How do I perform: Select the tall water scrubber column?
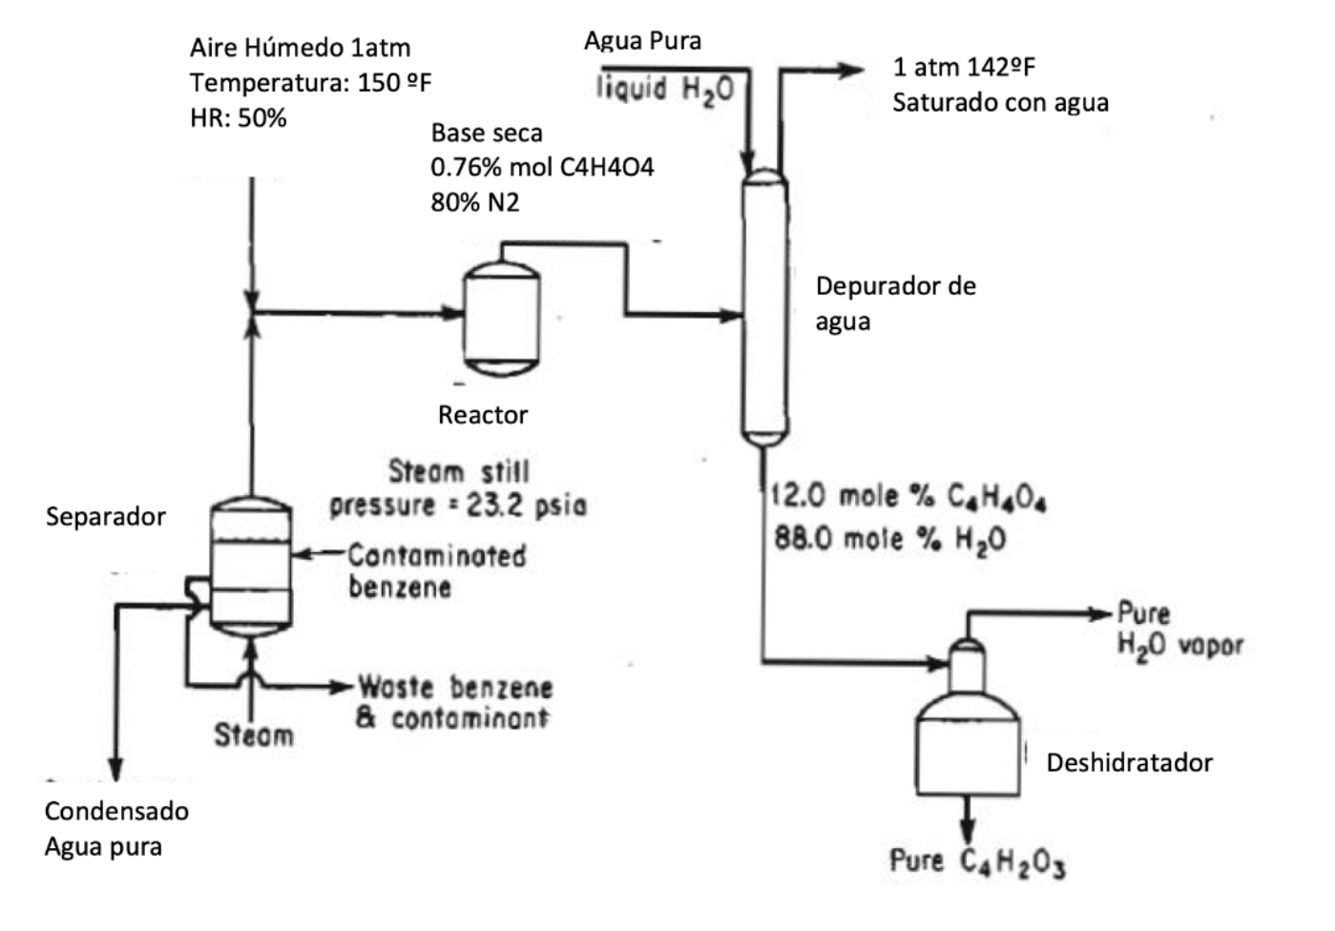coord(764,305)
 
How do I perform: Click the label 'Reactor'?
coord(482,415)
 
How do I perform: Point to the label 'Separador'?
coord(105,517)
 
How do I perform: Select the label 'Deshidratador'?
coord(1129,763)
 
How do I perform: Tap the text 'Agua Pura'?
coord(642,40)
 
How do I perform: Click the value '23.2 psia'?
coord(526,505)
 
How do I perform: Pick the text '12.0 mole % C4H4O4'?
coord(907,497)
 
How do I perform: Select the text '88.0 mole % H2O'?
coord(889,540)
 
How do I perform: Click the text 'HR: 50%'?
coord(238,118)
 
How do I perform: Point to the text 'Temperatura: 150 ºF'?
coord(310,83)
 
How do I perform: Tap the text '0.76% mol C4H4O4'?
coord(542,167)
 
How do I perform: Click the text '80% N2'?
coord(474,202)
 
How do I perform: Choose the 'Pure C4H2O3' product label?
coord(976,861)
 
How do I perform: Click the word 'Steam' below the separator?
coord(253,734)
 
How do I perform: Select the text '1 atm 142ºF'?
coord(963,67)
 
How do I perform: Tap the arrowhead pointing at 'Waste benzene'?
coord(343,686)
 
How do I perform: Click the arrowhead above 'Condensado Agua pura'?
coord(115,770)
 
